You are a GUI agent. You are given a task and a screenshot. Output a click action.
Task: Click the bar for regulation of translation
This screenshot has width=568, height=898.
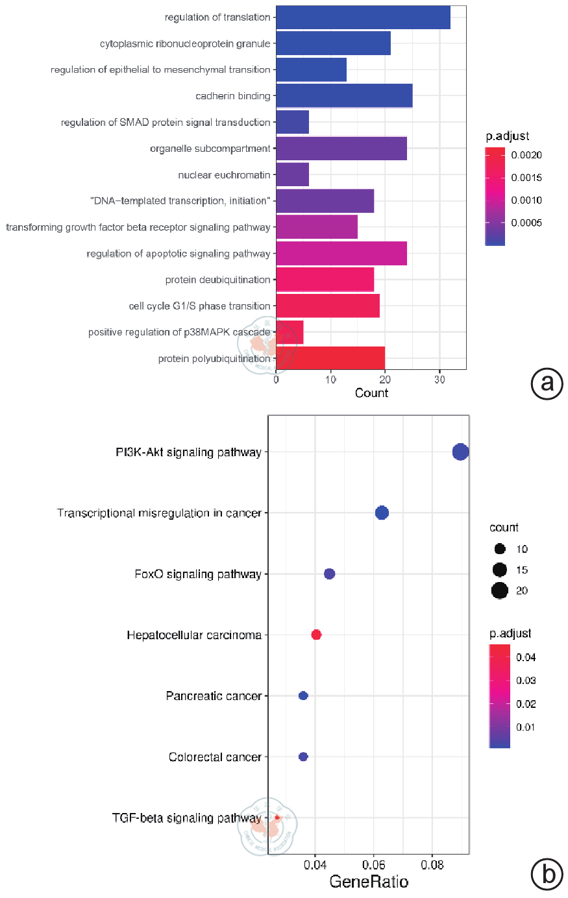point(363,18)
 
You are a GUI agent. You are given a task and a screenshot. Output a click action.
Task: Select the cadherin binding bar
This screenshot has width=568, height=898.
point(344,96)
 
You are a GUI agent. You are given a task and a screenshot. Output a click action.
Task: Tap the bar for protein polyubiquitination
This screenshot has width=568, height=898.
point(330,358)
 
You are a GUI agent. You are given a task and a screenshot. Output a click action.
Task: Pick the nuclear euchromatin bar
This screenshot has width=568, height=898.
point(292,175)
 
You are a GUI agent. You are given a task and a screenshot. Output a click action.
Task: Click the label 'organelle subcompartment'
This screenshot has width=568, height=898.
point(210,149)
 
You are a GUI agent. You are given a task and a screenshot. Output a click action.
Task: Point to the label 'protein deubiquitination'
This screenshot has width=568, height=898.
point(217,280)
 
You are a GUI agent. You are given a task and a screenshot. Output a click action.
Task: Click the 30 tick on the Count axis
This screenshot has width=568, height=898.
point(439,380)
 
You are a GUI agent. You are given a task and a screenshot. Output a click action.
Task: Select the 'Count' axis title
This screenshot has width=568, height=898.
point(371,393)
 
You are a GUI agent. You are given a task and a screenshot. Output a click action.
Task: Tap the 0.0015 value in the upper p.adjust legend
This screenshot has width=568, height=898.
point(526,178)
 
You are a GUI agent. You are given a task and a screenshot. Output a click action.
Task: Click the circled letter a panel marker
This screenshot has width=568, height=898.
point(547,383)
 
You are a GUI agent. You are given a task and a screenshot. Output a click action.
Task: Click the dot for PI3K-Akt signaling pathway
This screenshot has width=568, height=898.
point(460,452)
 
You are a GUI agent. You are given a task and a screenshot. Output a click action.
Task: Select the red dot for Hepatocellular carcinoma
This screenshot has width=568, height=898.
point(316,635)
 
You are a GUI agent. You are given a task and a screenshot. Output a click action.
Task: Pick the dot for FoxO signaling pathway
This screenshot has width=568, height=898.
point(329,574)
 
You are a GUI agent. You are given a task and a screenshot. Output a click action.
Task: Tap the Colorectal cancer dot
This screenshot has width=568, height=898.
point(303,757)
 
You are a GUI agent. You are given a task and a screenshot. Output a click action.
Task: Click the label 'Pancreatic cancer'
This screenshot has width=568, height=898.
point(214,696)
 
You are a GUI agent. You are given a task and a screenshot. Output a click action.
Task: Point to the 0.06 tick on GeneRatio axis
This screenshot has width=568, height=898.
point(373,865)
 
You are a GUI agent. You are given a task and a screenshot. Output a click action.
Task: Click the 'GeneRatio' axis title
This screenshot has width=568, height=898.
point(369,882)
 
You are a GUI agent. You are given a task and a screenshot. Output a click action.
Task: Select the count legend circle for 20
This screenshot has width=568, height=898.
point(499,590)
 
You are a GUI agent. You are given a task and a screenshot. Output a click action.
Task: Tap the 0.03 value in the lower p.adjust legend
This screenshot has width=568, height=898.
point(526,681)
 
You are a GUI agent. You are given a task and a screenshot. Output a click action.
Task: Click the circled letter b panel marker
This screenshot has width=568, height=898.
point(547,874)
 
